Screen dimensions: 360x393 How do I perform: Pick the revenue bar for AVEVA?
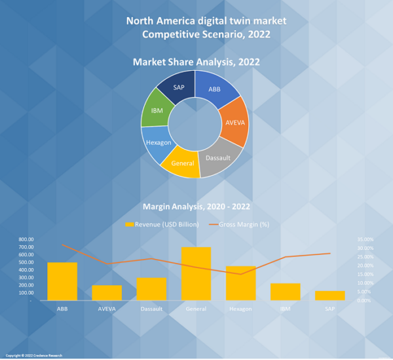(x=107, y=292)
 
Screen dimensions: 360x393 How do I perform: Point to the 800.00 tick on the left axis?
(x=29, y=239)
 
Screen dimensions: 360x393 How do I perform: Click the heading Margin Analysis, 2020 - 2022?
(x=196, y=207)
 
